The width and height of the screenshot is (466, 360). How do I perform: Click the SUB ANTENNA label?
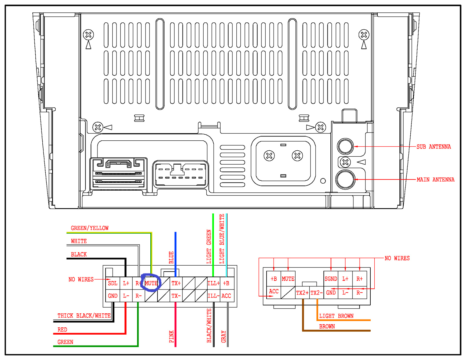click(x=433, y=147)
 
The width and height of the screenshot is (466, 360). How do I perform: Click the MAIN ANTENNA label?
click(x=435, y=180)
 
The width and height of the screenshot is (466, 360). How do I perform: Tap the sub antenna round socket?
click(x=345, y=146)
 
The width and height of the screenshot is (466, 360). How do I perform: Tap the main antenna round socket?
click(x=345, y=179)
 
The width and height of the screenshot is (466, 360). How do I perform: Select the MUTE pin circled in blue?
click(x=151, y=283)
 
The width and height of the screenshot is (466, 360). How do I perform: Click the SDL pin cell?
click(x=113, y=283)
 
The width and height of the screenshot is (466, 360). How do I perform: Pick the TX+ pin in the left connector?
click(x=176, y=283)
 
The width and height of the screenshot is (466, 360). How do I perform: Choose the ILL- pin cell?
click(x=213, y=296)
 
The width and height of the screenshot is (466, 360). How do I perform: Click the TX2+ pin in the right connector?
click(x=302, y=293)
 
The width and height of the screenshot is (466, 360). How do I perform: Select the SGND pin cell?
click(x=331, y=279)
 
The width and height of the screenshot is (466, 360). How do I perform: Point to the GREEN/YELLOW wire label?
click(x=90, y=228)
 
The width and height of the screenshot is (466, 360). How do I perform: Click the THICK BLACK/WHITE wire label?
click(x=84, y=316)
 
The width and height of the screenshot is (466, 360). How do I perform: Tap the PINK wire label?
click(x=172, y=336)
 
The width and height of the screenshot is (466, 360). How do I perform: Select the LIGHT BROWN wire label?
click(x=336, y=316)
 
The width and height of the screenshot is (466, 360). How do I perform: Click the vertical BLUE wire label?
click(x=171, y=257)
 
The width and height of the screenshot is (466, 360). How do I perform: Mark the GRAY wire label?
click(x=224, y=336)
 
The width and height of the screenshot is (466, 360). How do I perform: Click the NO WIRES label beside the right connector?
click(x=397, y=258)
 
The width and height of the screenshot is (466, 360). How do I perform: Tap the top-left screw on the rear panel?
click(x=88, y=35)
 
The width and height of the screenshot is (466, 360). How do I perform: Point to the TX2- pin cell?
click(x=317, y=293)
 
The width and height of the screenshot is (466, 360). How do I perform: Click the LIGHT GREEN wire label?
click(x=209, y=247)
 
